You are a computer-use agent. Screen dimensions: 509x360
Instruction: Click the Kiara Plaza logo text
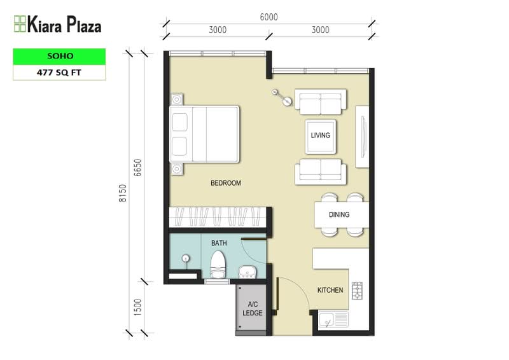pyautogui.click(x=64, y=24)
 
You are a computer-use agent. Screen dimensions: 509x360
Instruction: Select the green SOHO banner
pyautogui.click(x=59, y=56)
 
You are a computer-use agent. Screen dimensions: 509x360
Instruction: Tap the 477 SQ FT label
pyautogui.click(x=59, y=73)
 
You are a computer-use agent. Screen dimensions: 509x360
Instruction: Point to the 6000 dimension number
pyautogui.click(x=268, y=17)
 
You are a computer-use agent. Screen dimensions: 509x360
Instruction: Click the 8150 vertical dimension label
pyautogui.click(x=122, y=193)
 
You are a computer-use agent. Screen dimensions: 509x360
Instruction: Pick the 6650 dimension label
pyautogui.click(x=137, y=167)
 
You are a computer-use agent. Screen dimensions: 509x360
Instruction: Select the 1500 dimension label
pyautogui.click(x=137, y=307)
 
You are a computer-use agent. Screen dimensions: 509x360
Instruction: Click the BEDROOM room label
pyautogui.click(x=226, y=183)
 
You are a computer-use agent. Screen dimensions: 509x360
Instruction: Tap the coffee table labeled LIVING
pyautogui.click(x=321, y=137)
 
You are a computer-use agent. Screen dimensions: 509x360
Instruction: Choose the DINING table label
pyautogui.click(x=339, y=214)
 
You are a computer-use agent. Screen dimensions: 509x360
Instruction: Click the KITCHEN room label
pyautogui.click(x=330, y=290)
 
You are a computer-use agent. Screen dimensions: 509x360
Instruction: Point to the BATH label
pyautogui.click(x=219, y=243)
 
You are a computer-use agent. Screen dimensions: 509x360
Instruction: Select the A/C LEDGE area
pyautogui.click(x=253, y=308)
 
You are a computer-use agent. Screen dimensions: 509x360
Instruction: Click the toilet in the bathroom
pyautogui.click(x=218, y=264)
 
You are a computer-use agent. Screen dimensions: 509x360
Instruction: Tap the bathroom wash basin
pyautogui.click(x=248, y=272)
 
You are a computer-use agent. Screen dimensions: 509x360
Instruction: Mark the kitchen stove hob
pyautogui.click(x=358, y=291)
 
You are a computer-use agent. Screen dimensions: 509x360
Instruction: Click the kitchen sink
pyautogui.click(x=333, y=319)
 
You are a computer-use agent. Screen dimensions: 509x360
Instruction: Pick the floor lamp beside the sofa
pyautogui.click(x=281, y=97)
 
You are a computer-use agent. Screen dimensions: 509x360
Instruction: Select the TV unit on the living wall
pyautogui.click(x=362, y=137)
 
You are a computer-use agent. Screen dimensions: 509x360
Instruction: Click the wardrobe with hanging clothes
pyautogui.click(x=218, y=217)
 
